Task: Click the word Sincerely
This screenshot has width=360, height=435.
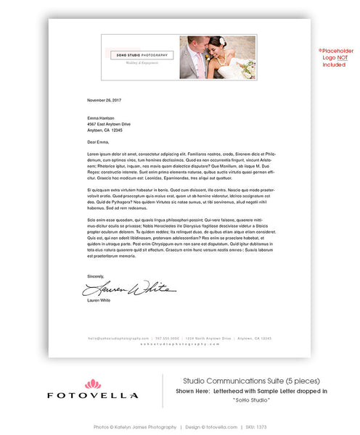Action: coord(96,276)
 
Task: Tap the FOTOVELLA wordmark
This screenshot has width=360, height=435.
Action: coord(93,396)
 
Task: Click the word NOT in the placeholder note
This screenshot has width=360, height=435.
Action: coord(335,58)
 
